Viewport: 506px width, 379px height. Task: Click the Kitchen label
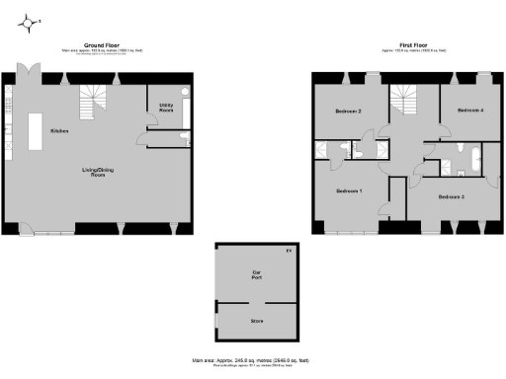(58, 130)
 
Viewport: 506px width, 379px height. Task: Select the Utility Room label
(166, 107)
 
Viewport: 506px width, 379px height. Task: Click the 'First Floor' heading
(413, 45)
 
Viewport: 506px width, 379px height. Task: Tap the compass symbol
(33, 20)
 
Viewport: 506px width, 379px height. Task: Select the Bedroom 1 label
(348, 190)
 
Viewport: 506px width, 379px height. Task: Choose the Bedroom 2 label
(346, 112)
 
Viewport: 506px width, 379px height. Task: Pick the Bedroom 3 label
(451, 197)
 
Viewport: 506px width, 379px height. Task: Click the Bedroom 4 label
(470, 111)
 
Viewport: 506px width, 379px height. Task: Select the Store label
(256, 321)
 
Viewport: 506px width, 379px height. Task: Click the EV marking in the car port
(289, 252)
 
